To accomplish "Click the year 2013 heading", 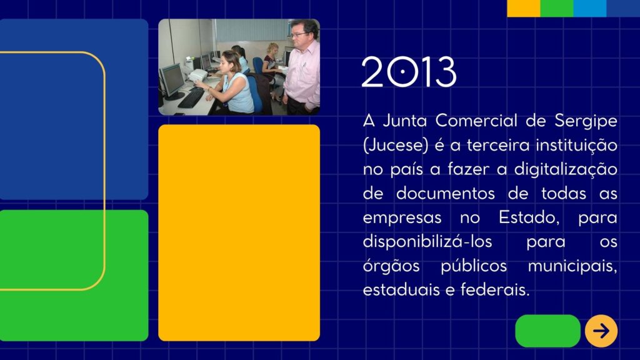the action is [409, 71].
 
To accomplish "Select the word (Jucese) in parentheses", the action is [396, 145].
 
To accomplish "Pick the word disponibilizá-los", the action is [427, 242].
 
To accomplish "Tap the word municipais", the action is [572, 266].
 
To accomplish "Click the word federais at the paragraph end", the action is [495, 290].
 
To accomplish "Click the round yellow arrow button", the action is [601, 331].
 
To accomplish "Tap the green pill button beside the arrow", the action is [547, 331].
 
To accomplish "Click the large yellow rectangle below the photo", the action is [239, 232].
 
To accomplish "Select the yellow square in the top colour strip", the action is [524, 8].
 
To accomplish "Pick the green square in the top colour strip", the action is [557, 8].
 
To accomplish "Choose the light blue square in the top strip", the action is [590, 8].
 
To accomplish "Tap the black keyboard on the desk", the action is [191, 98].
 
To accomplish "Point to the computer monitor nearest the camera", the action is [171, 82].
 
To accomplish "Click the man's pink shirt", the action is [302, 76].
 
